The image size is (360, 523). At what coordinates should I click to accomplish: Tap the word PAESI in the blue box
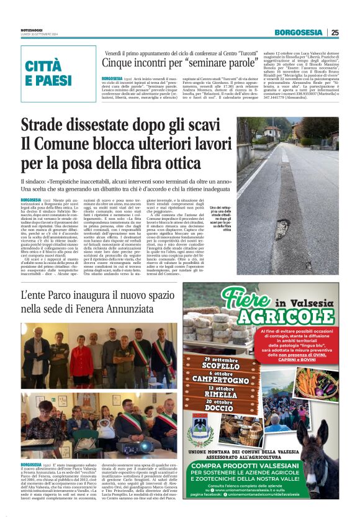click(49, 81)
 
